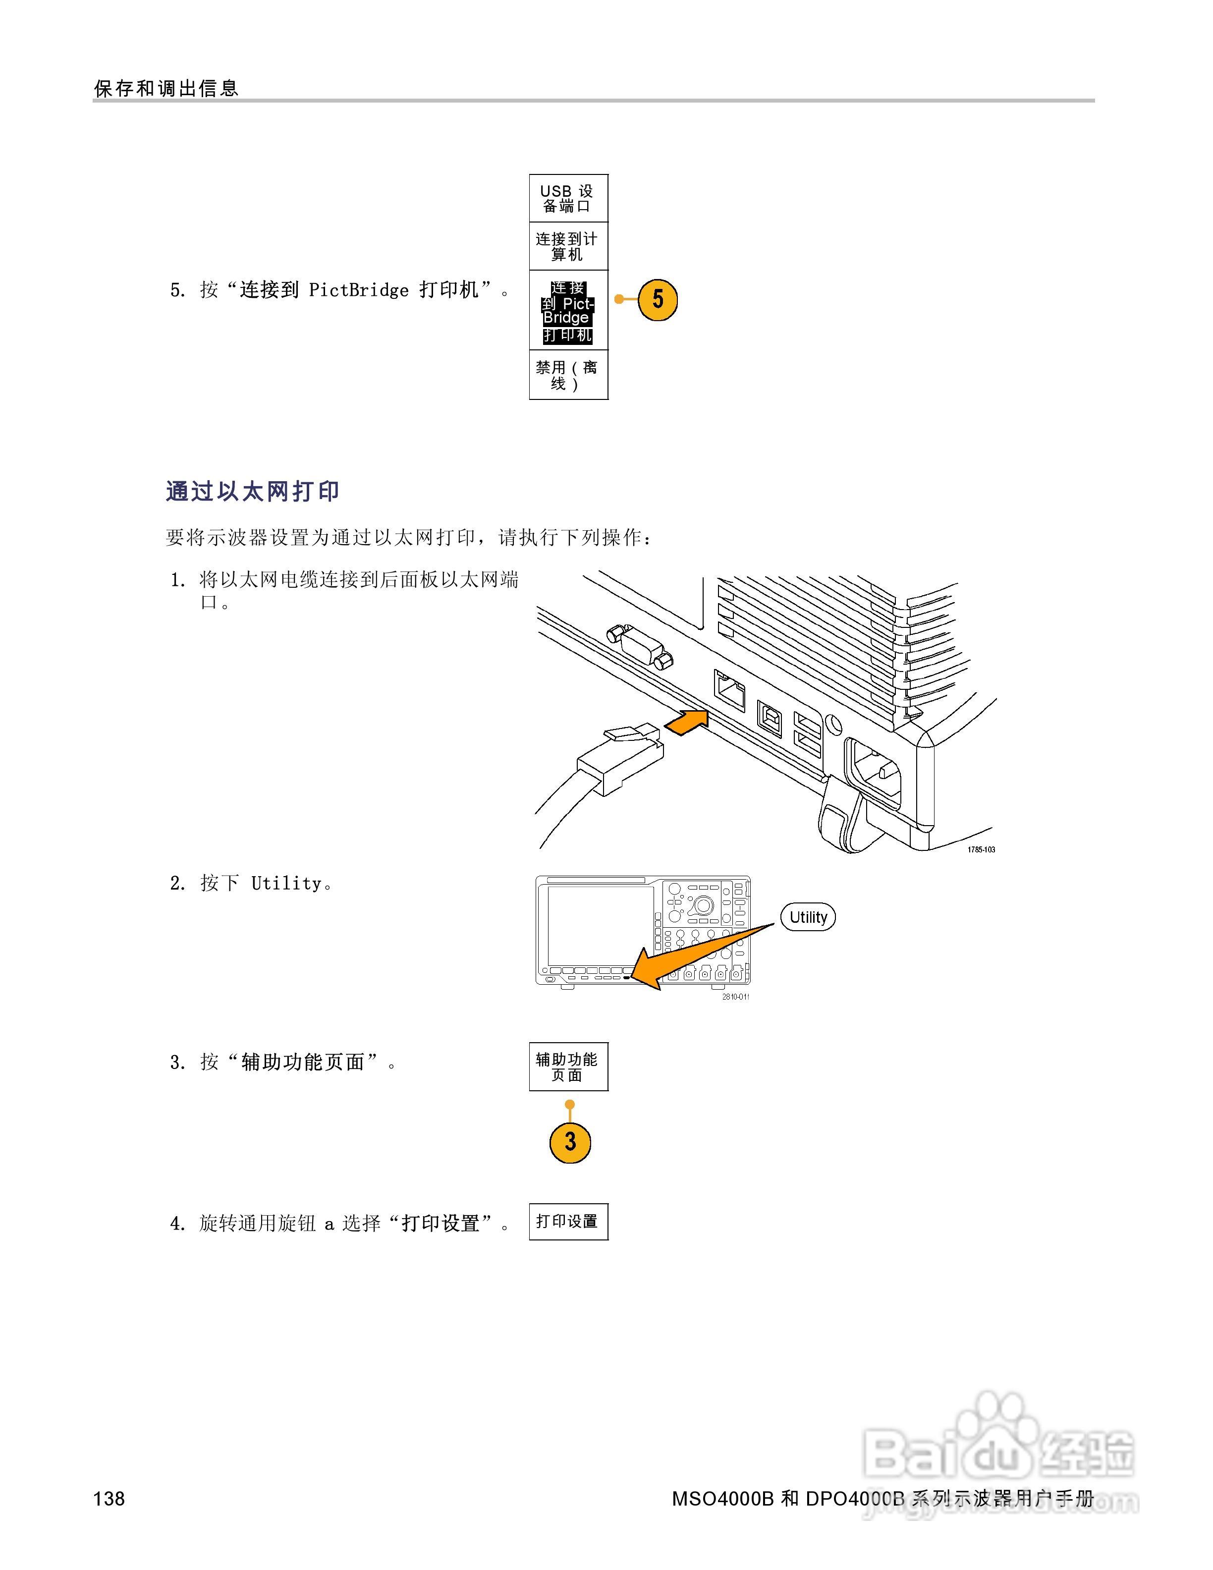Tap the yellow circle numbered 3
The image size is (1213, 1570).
click(x=570, y=1141)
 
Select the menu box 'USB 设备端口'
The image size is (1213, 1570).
click(x=568, y=198)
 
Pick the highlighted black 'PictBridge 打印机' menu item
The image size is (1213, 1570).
click(x=568, y=311)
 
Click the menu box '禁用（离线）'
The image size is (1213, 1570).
click(x=568, y=375)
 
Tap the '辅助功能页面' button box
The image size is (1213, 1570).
click(x=568, y=1067)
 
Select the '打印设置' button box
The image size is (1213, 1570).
click(x=568, y=1221)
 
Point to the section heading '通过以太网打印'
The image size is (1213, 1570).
click(x=252, y=492)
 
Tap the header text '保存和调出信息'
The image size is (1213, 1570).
click(x=166, y=88)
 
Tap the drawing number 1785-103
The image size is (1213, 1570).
click(x=981, y=850)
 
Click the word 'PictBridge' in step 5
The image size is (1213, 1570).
click(x=359, y=290)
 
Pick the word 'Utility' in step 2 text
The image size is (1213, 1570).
click(x=286, y=884)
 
